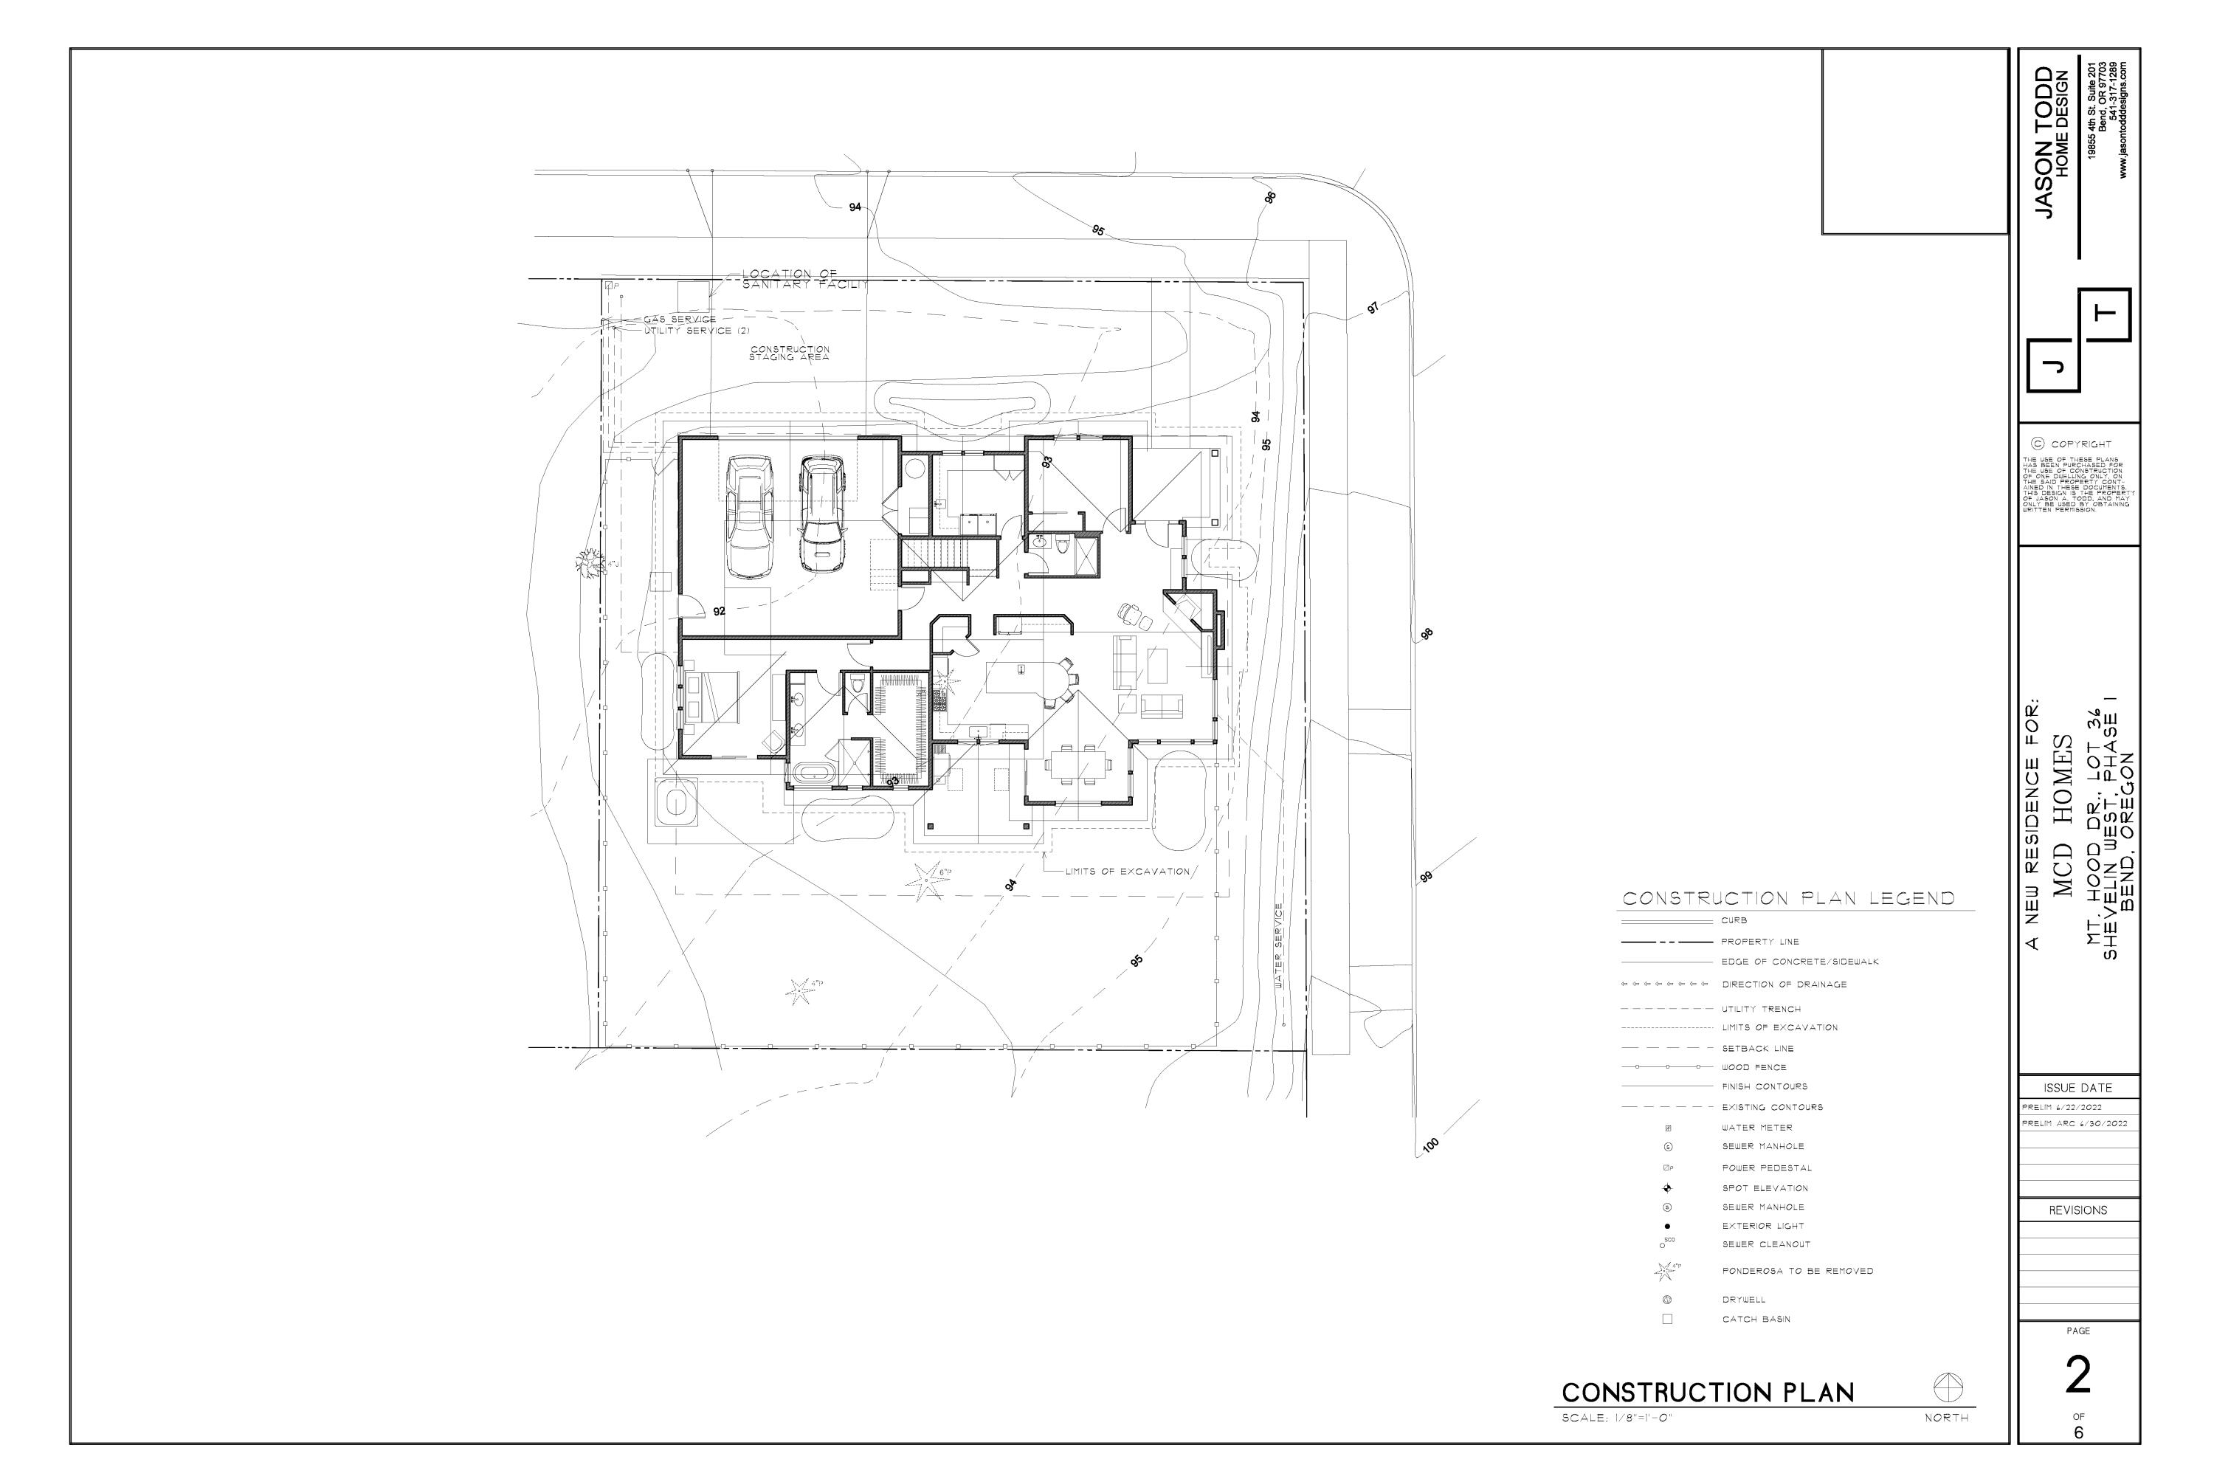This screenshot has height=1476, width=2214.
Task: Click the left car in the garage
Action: [x=749, y=517]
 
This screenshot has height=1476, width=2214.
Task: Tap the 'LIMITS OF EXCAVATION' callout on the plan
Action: [x=1127, y=872]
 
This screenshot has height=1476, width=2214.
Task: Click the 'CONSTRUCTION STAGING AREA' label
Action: [x=789, y=353]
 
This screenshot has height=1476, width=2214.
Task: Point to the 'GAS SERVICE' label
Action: [x=680, y=319]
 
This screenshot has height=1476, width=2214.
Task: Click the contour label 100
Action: [x=1431, y=1145]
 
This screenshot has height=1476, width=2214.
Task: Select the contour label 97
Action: [x=1373, y=308]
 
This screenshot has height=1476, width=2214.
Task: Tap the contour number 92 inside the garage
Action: [x=719, y=611]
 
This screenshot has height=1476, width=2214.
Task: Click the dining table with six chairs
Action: [x=1077, y=765]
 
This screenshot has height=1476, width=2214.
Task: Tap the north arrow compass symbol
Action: [x=1948, y=1387]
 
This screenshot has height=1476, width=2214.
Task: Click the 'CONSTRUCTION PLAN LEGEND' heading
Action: [x=1787, y=898]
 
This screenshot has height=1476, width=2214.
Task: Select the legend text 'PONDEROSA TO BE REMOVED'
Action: [x=1797, y=1271]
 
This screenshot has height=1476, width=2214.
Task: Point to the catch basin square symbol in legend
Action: [x=1667, y=1319]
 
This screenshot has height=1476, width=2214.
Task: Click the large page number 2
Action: [x=2077, y=1376]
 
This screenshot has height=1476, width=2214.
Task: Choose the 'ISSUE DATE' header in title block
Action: [x=2077, y=1087]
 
